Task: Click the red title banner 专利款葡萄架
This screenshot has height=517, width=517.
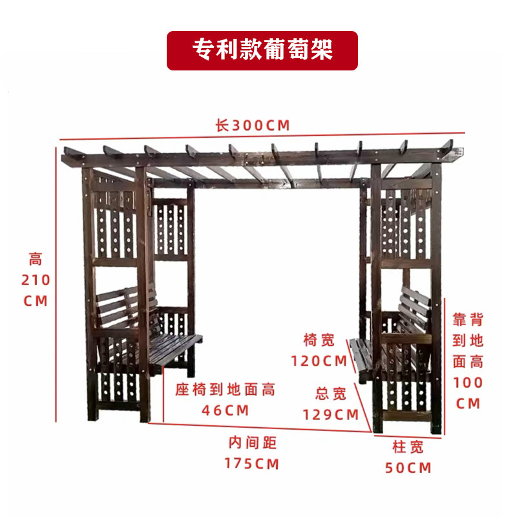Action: click(x=262, y=50)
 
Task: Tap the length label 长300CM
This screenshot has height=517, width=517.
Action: click(x=253, y=125)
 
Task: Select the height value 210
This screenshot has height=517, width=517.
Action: click(x=36, y=281)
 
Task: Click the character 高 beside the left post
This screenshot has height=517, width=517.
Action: click(x=36, y=260)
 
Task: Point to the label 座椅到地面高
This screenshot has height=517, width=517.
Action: click(x=226, y=389)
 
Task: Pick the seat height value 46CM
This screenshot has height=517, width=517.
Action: click(x=226, y=410)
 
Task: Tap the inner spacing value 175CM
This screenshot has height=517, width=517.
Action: click(x=252, y=463)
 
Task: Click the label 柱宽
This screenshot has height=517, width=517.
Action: click(x=408, y=446)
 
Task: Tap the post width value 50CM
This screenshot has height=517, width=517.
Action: click(x=408, y=467)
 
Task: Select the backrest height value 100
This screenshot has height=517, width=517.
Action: click(x=469, y=383)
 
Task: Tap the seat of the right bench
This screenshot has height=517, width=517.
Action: click(x=359, y=359)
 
